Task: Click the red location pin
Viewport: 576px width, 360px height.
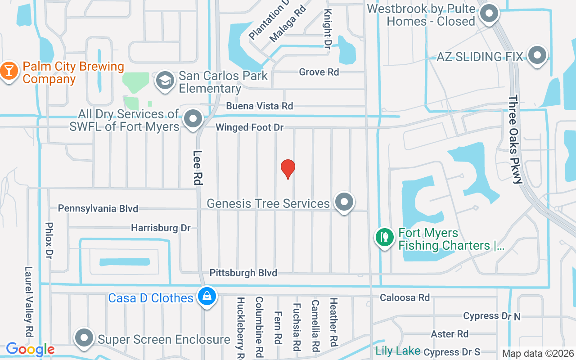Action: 288,169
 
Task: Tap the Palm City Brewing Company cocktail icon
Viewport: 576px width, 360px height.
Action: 8,71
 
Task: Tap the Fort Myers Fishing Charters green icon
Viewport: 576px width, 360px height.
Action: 384,237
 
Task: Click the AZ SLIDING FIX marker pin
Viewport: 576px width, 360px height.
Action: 536,55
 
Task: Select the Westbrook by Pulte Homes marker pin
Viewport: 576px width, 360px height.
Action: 489,13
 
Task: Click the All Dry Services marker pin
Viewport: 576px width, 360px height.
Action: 194,119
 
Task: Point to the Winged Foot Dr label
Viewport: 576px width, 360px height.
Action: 249,127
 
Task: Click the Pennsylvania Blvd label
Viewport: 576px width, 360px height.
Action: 98,208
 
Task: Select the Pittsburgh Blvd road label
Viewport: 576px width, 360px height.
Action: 243,273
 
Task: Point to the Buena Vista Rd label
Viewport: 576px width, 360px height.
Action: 259,106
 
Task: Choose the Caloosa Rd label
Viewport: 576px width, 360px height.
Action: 405,297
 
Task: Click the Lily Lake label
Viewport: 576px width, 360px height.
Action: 398,351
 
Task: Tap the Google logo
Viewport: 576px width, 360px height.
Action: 30,349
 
